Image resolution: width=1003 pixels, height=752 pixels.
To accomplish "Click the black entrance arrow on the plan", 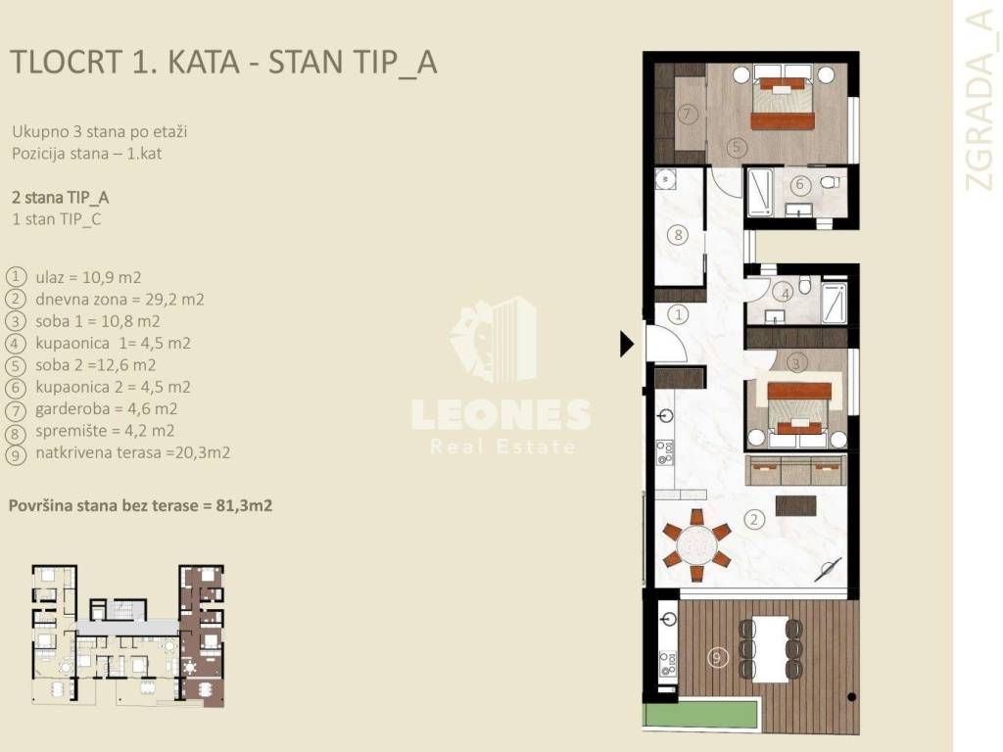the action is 626,344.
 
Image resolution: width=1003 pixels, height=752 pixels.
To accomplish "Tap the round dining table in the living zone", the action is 697,544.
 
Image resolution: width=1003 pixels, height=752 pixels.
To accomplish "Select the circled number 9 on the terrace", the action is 718,657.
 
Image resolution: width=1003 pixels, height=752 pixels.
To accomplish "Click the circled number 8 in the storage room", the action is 679,235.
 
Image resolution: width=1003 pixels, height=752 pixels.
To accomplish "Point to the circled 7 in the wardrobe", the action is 687,115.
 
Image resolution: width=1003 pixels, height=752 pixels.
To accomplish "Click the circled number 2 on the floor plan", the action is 754,519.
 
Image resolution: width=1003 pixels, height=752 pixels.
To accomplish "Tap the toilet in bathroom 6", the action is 831,182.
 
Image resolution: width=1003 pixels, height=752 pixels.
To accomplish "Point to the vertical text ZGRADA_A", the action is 979,101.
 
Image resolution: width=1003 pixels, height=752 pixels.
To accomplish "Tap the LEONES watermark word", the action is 501,414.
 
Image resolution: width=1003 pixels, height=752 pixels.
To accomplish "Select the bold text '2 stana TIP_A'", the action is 60,198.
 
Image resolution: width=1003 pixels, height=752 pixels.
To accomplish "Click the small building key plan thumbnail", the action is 128,635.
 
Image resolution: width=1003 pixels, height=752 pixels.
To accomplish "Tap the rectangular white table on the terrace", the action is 770,649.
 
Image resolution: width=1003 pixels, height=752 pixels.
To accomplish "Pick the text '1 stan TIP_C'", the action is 56,219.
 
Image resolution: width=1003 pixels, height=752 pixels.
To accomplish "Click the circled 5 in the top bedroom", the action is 737,147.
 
